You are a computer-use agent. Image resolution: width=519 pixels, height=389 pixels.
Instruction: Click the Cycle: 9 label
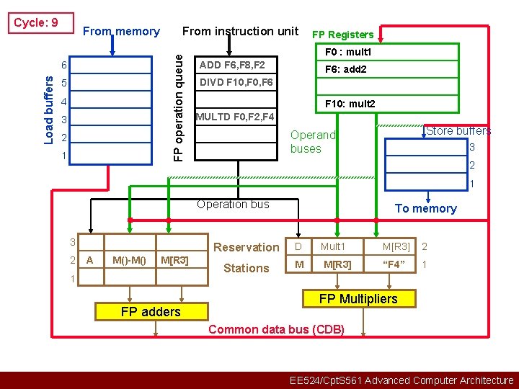click(x=36, y=22)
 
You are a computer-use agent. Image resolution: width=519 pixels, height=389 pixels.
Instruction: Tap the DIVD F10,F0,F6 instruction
click(x=236, y=82)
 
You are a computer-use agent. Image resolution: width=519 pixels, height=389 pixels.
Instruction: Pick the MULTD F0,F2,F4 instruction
click(x=234, y=116)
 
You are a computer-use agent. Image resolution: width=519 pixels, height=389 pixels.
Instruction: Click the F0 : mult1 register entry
click(x=348, y=53)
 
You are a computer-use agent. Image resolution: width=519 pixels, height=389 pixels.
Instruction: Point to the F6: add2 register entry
click(x=346, y=70)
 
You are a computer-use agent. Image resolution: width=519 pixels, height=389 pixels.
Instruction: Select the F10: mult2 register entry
click(x=350, y=104)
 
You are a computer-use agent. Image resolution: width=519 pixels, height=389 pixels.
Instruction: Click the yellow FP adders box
click(x=150, y=312)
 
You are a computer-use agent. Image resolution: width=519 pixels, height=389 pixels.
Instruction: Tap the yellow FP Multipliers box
click(x=358, y=299)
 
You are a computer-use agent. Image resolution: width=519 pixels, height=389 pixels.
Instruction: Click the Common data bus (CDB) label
click(x=276, y=330)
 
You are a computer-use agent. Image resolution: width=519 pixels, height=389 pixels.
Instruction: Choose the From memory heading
click(x=121, y=31)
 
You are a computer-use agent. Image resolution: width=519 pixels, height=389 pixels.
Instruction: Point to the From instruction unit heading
click(x=240, y=31)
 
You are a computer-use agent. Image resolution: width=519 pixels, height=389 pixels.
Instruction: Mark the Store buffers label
click(x=458, y=131)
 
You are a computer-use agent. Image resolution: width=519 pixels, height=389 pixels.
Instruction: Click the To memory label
click(x=425, y=209)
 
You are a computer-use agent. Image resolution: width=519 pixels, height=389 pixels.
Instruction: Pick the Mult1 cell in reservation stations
click(x=334, y=246)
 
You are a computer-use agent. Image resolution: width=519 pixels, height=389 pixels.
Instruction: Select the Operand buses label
click(x=313, y=142)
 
